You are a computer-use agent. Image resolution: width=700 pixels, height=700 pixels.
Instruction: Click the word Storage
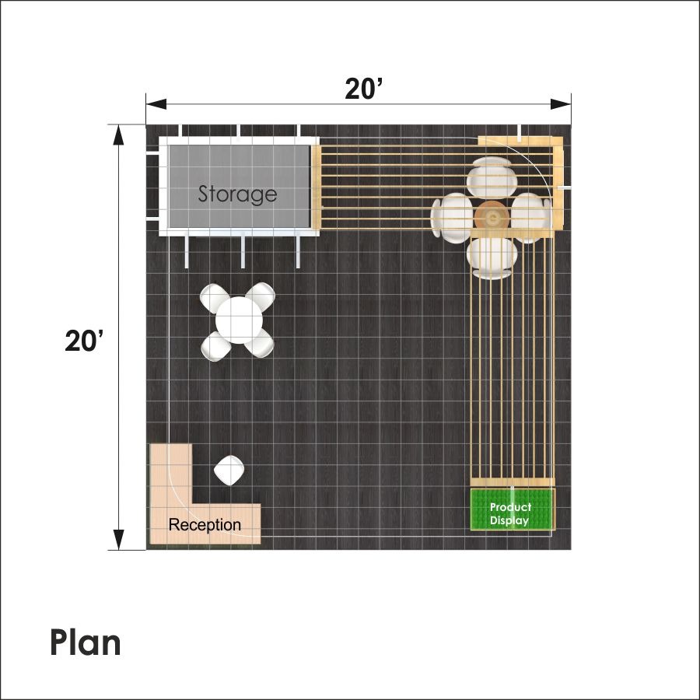click(237, 194)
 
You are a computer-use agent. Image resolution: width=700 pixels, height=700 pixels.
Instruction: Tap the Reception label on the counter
click(205, 524)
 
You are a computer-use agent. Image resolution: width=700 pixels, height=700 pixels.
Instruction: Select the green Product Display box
click(513, 509)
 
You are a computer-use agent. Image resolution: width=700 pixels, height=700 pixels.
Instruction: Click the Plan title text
click(86, 643)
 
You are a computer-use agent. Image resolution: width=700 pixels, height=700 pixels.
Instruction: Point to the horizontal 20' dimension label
click(364, 89)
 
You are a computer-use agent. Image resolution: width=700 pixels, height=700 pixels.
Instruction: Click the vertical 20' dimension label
click(84, 341)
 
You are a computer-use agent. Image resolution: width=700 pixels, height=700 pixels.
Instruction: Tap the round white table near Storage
click(239, 320)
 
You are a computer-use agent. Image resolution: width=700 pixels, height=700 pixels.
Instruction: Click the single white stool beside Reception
click(229, 470)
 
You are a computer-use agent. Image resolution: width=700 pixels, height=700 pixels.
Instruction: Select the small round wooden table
click(492, 218)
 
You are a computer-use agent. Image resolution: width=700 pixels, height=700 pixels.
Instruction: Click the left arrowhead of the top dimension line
click(156, 104)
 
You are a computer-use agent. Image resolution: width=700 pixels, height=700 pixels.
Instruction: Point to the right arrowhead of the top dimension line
click(561, 104)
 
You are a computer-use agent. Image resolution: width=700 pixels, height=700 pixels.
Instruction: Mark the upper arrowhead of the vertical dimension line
click(118, 135)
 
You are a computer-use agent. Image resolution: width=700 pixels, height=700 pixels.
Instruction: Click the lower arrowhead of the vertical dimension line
click(118, 540)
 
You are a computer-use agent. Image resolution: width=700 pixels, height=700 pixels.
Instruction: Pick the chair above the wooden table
click(492, 177)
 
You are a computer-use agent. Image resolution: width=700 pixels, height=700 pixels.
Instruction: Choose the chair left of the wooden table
click(452, 218)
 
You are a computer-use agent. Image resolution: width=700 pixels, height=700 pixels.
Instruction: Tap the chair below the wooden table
click(492, 258)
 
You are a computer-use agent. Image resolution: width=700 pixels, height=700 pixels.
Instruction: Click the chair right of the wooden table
click(531, 218)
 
